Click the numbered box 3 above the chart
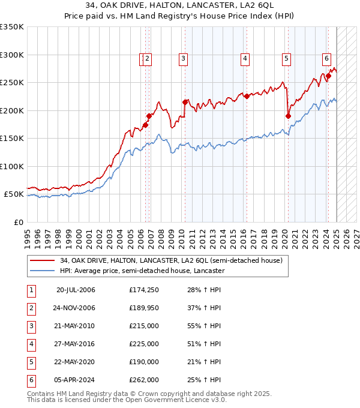[x=182, y=58]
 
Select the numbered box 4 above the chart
[x=245, y=58]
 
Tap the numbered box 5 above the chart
[x=286, y=58]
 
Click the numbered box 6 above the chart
[x=326, y=58]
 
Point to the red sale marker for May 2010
[x=185, y=102]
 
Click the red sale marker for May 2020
[x=288, y=116]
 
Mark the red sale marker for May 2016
[x=247, y=96]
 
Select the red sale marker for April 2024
[x=329, y=76]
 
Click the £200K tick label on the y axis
[x=12, y=110]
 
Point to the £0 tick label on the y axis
[x=19, y=222]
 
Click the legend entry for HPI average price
[x=142, y=271]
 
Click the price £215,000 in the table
[x=143, y=326]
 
